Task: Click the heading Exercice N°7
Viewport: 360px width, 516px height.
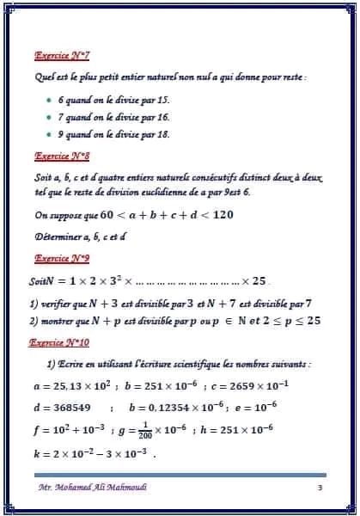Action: coord(63,56)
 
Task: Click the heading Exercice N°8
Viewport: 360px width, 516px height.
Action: coord(63,157)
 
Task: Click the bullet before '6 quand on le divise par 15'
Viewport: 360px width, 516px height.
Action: coord(49,101)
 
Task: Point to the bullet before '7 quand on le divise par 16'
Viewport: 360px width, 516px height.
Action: coord(49,117)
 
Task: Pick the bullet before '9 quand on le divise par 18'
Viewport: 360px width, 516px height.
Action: coord(49,135)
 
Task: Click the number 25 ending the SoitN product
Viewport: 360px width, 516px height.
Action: coord(259,280)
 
